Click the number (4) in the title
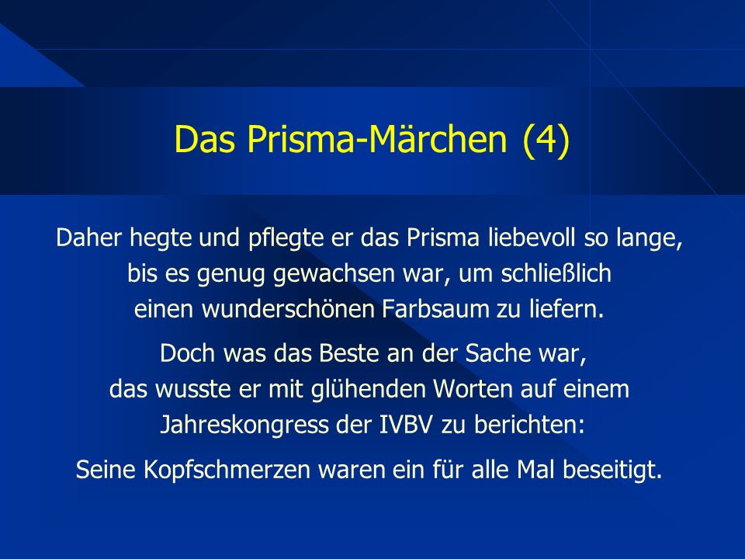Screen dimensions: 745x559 pos(546,139)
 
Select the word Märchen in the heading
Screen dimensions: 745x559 pos(437,138)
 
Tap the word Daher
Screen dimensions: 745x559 pos(88,238)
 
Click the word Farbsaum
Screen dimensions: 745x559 pos(435,308)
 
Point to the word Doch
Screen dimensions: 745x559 pos(187,353)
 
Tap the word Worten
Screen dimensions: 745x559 pos(473,389)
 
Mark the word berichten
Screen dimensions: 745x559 pos(528,425)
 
